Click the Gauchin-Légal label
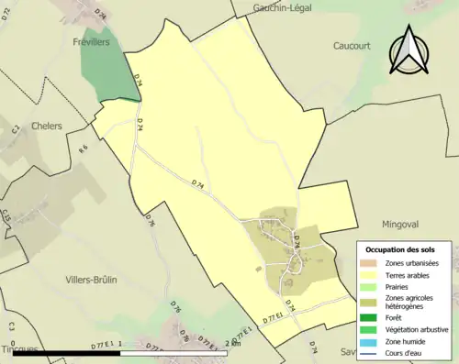[x=283, y=7]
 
